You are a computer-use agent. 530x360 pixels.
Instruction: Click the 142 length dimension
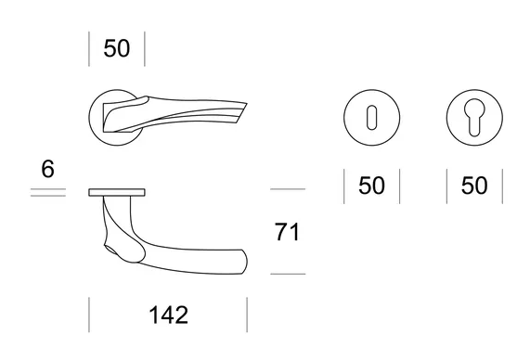click(x=168, y=315)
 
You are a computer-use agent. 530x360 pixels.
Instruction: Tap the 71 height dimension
click(x=287, y=232)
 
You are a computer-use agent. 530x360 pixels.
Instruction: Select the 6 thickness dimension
click(x=47, y=169)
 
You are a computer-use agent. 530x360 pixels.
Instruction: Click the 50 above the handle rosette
click(x=117, y=48)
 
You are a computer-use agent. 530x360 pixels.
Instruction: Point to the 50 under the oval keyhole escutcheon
click(x=371, y=186)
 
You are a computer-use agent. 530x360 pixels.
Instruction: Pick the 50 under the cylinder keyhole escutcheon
click(x=474, y=186)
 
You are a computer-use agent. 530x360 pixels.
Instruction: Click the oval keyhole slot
click(x=372, y=118)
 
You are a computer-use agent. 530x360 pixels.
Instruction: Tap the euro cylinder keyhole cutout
click(x=474, y=117)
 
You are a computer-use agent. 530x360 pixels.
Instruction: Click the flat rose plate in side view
click(x=117, y=192)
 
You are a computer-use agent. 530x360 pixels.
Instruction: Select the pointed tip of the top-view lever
click(x=246, y=103)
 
